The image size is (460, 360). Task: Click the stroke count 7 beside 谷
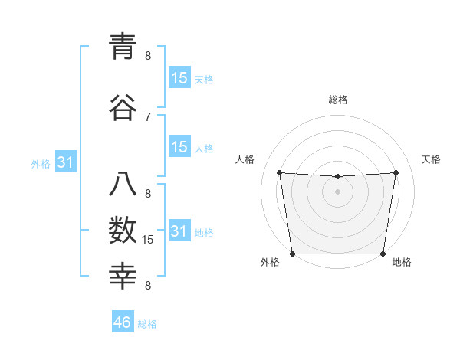148,116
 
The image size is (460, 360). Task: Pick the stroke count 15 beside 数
148,240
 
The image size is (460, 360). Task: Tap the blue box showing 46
123,322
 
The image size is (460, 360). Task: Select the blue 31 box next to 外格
66,163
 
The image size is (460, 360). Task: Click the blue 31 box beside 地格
179,231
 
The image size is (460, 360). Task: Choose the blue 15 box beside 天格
179,78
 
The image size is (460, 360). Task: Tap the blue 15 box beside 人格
179,147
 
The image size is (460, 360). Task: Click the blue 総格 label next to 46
147,324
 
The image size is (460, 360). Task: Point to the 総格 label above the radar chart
338,100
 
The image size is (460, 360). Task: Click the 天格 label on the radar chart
432,159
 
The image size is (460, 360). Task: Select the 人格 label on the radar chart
245,159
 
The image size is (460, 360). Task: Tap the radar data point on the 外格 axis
292,254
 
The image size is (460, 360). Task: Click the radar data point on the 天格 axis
396,172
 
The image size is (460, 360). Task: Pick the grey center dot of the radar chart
337,191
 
